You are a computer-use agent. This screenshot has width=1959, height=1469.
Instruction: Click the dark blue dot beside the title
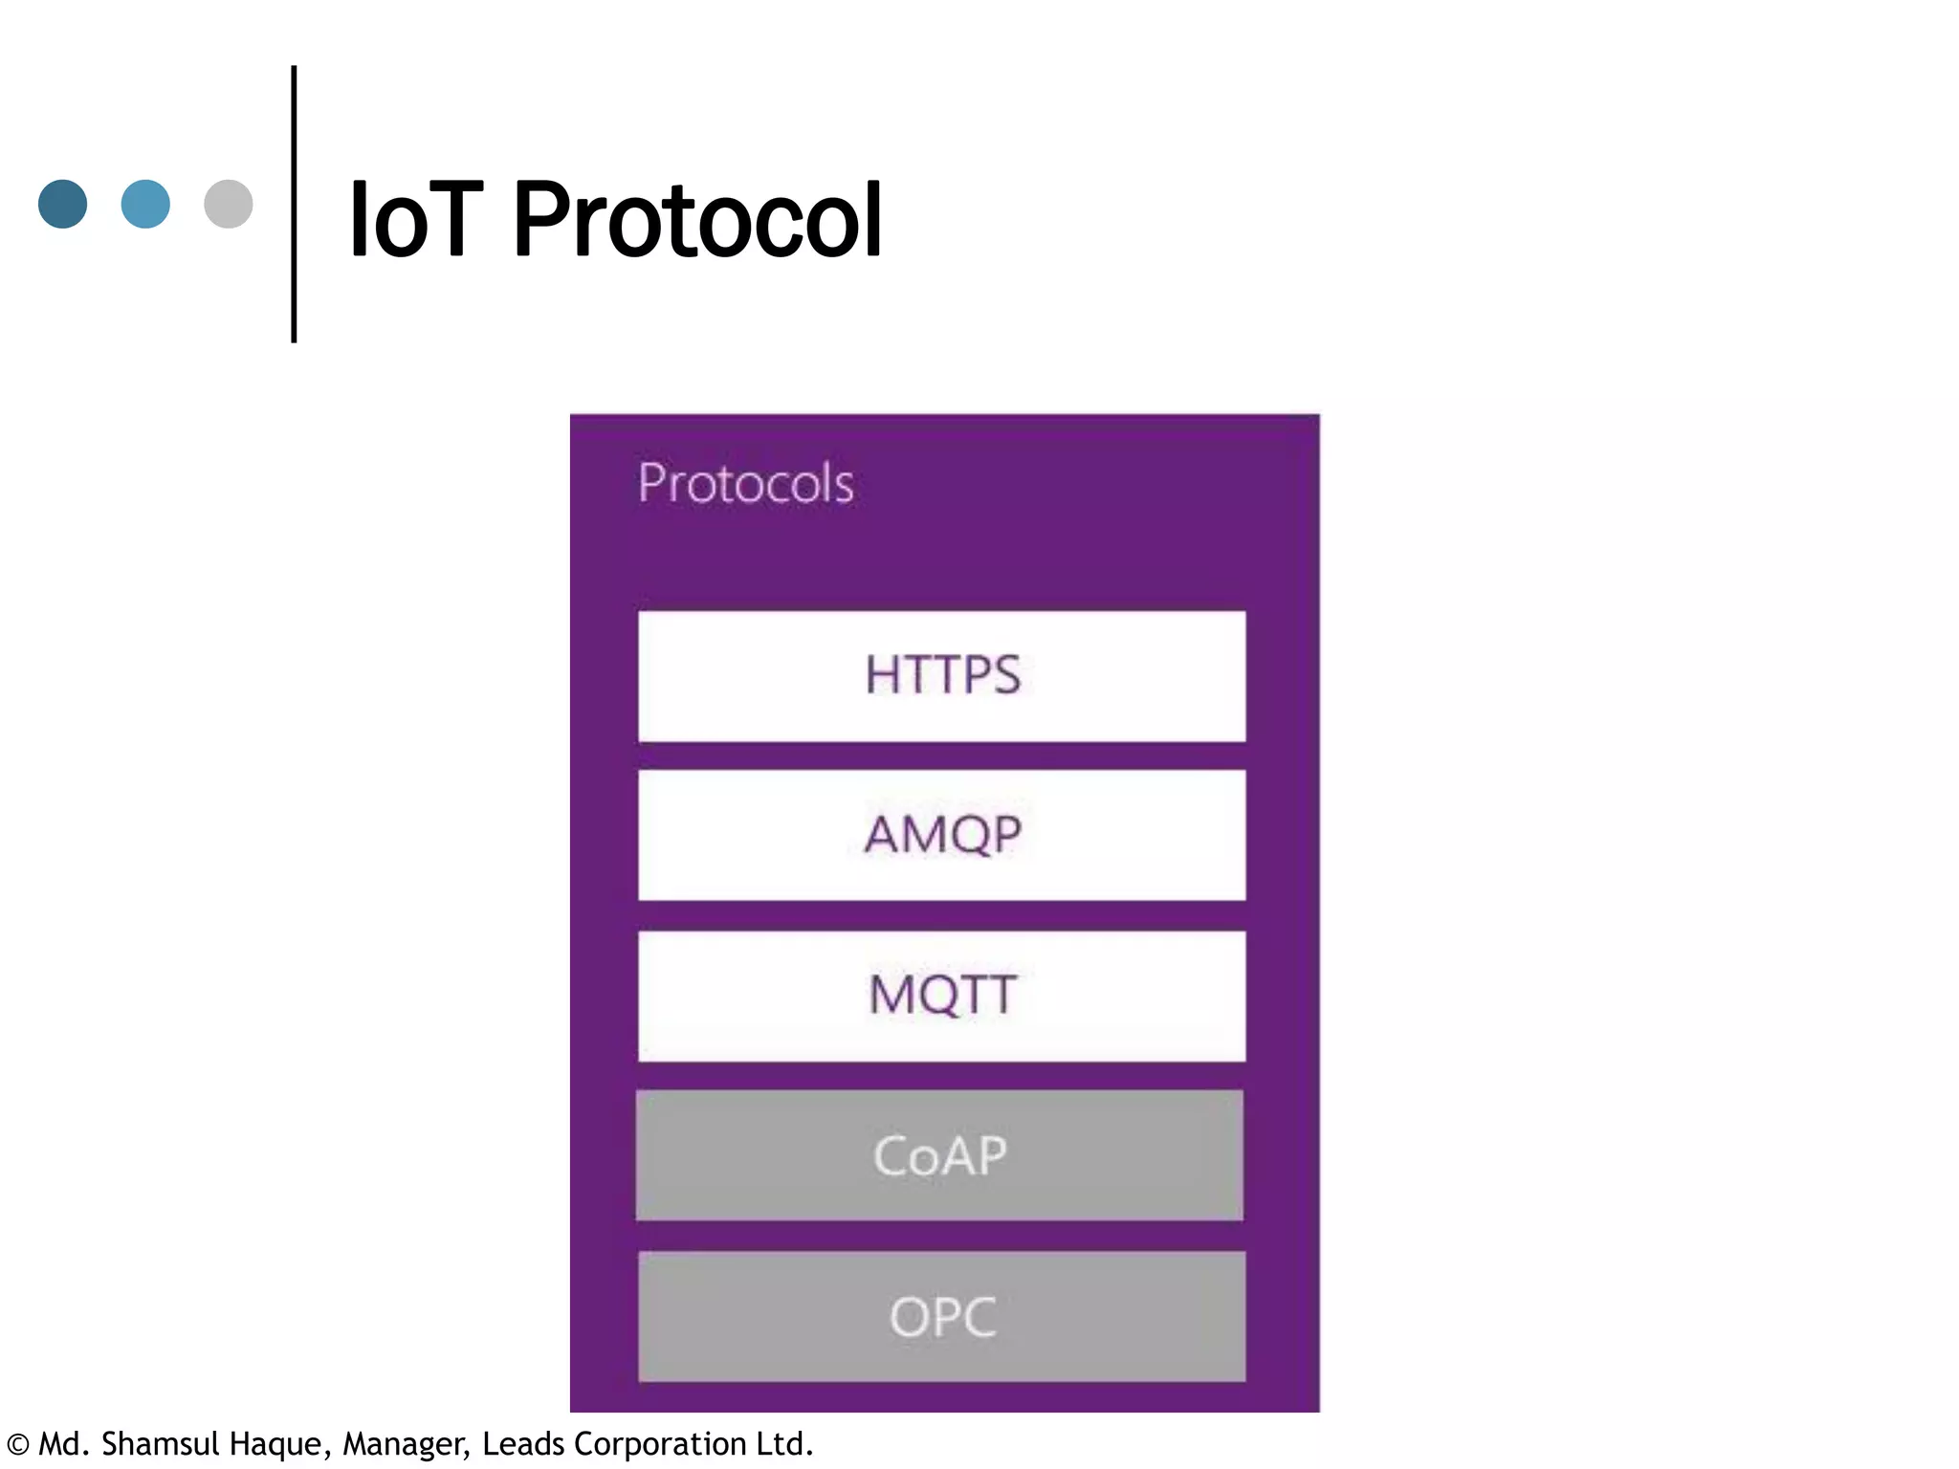[63, 204]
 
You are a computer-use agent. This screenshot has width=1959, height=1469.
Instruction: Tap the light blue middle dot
[145, 204]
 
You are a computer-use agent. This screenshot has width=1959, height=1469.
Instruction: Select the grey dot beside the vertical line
[229, 204]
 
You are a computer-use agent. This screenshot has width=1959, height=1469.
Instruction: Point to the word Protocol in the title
[697, 221]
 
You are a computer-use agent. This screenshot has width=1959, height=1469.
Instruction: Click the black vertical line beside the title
[294, 204]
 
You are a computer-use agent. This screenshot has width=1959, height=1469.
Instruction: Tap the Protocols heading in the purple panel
[745, 483]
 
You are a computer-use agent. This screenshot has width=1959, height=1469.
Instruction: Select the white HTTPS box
[941, 675]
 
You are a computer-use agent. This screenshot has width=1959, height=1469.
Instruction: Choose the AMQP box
[941, 834]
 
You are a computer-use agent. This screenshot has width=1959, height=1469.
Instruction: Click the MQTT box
[941, 995]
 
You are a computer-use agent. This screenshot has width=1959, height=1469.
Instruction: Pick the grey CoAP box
[939, 1154]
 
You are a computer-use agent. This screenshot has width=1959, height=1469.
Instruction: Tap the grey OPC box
[941, 1316]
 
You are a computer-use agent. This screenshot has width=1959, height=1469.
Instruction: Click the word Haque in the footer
[279, 1444]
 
